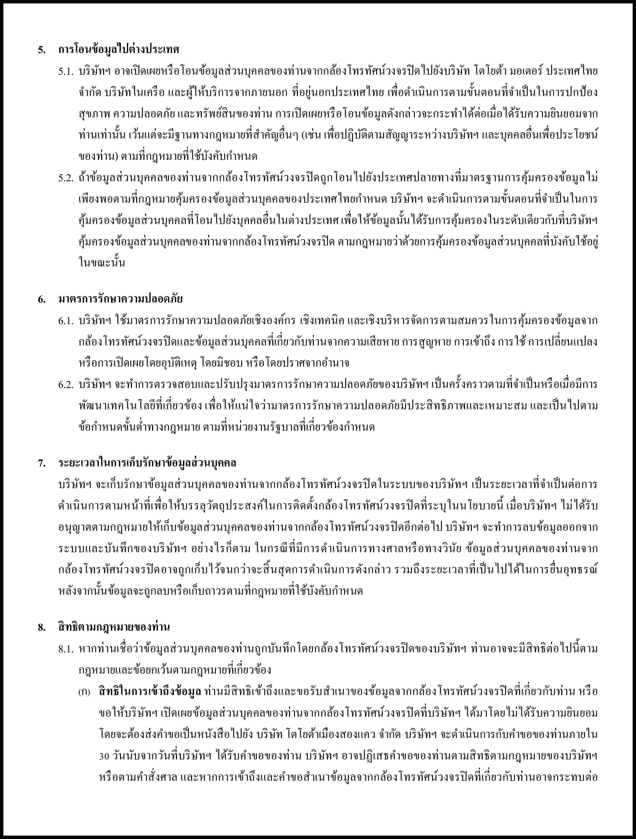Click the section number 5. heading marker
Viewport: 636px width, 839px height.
click(x=41, y=50)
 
